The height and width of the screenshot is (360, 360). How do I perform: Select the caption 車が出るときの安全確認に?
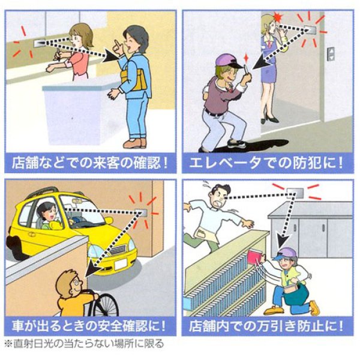point(90,327)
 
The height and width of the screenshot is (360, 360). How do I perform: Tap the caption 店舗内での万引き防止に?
point(268,327)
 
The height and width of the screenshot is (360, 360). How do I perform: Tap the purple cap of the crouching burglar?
point(224,61)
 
